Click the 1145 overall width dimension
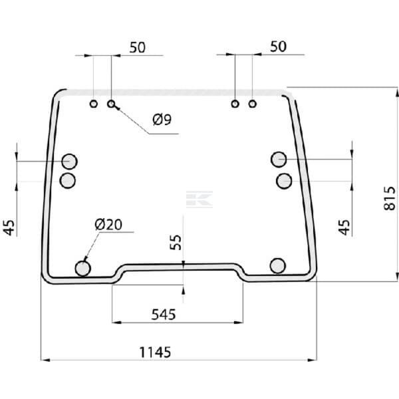pyautogui.click(x=155, y=352)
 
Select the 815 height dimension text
pyautogui.click(x=390, y=198)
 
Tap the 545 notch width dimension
pyautogui.click(x=164, y=315)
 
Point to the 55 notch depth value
pyautogui.click(x=176, y=242)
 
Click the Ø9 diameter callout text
pyautogui.click(x=162, y=119)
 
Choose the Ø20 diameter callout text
pyautogui.click(x=108, y=225)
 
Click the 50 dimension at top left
pyautogui.click(x=138, y=47)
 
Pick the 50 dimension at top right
pyautogui.click(x=278, y=47)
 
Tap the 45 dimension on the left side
pyautogui.click(x=9, y=227)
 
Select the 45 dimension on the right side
pyautogui.click(x=344, y=227)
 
